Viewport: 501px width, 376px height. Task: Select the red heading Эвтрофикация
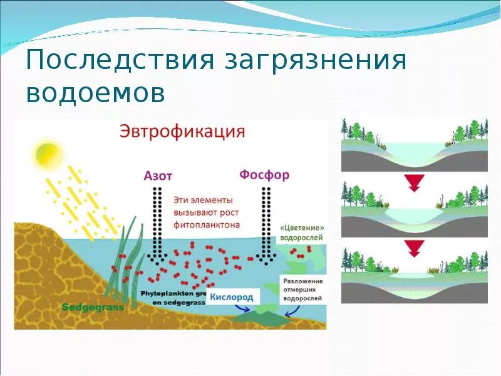[182, 132]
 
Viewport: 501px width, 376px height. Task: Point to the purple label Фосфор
[265, 174]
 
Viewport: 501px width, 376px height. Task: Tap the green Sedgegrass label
[93, 308]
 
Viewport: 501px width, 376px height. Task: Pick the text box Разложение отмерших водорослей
[302, 290]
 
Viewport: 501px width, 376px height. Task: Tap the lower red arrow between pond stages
[413, 248]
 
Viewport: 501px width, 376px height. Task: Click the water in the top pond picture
[414, 151]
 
